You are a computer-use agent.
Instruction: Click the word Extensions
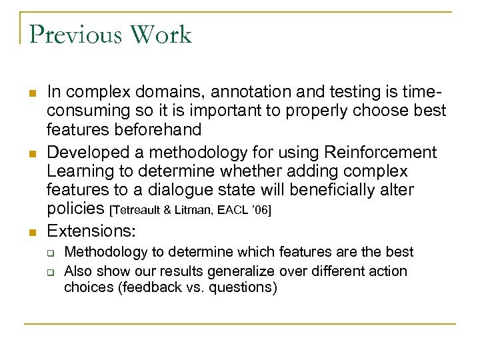(x=91, y=231)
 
